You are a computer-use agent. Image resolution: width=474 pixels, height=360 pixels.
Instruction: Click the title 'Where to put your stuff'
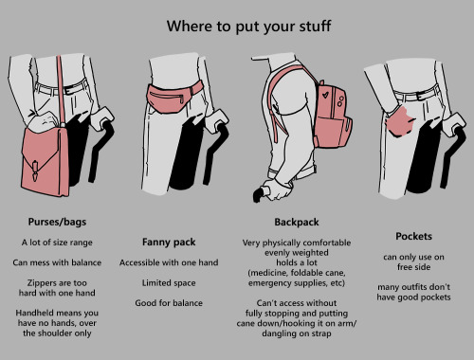pos(248,27)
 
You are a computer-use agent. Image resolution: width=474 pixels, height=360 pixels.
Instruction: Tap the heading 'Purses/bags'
pos(57,222)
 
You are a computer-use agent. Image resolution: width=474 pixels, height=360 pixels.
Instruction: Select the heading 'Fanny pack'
pos(169,243)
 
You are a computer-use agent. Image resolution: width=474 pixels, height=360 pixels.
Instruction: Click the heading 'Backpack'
pos(297,223)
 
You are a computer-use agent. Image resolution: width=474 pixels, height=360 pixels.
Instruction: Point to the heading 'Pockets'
pos(413,236)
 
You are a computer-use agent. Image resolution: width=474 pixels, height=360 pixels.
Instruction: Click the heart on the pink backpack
pos(325,94)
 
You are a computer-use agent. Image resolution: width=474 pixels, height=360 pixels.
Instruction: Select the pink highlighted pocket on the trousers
pos(400,122)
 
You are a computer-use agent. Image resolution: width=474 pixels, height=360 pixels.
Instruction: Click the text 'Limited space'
pos(169,283)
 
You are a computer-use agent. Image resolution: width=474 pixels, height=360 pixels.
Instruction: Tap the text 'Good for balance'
pos(169,303)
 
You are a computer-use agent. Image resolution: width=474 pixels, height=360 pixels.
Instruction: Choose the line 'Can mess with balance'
pos(57,262)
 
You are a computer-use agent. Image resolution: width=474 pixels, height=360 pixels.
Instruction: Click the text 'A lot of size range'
pos(57,243)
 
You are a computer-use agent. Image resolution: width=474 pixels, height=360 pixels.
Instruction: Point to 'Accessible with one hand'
pos(169,262)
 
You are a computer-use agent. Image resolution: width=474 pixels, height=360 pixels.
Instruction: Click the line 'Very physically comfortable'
pos(297,243)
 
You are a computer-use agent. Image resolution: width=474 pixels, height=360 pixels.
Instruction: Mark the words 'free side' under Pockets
pos(413,267)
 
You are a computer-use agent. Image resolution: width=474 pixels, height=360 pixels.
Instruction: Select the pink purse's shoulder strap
pos(61,92)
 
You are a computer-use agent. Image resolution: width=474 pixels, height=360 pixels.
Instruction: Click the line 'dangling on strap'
pos(297,333)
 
